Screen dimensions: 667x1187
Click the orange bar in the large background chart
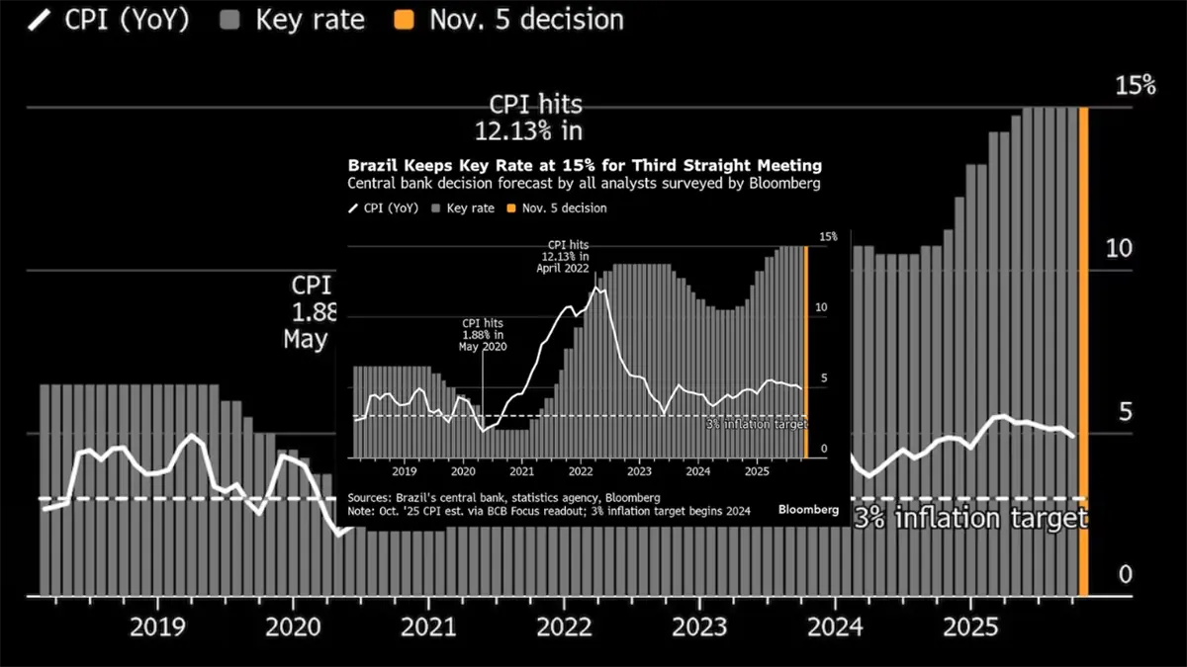1083,351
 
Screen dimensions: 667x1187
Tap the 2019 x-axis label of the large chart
158,626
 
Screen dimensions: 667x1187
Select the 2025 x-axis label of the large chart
969,626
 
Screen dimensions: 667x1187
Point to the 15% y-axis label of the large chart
1135,85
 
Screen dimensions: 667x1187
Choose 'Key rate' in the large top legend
310,20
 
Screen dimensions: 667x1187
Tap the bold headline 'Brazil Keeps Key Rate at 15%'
585,165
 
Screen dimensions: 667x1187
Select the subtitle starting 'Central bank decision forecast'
584,184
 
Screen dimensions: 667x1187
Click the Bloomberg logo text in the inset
808,510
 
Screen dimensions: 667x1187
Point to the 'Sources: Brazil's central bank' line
503,498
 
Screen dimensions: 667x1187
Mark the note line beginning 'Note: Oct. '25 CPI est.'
549,512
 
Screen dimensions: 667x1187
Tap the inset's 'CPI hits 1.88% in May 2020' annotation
483,334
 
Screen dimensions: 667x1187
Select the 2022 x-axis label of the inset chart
581,473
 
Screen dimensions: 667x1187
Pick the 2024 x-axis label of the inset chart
697,473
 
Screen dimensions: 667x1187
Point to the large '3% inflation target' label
970,518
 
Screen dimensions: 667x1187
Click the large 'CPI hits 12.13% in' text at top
537,116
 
